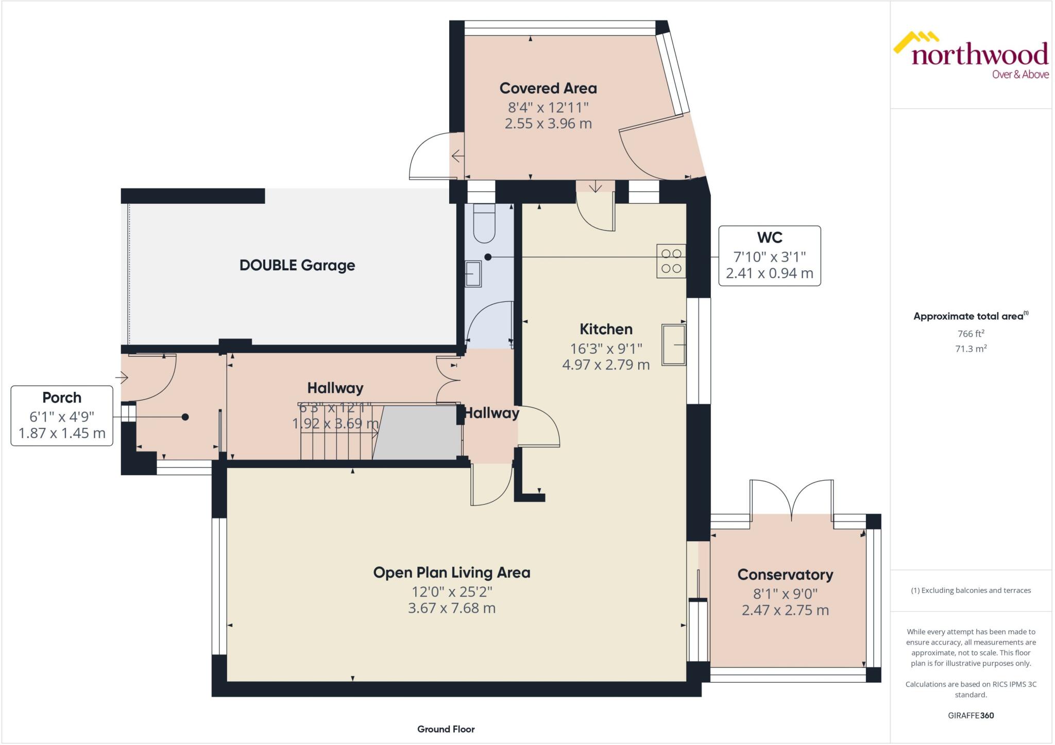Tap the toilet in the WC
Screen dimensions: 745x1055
(x=484, y=223)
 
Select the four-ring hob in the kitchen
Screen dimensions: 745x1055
(x=671, y=261)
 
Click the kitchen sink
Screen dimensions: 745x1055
(x=673, y=344)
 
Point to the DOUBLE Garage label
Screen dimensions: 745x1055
(x=297, y=266)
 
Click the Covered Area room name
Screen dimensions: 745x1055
(x=548, y=89)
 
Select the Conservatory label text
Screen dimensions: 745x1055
(x=785, y=575)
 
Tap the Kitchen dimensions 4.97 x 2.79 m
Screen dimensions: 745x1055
(x=606, y=365)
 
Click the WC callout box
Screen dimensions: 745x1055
(x=769, y=255)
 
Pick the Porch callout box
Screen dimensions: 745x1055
(x=62, y=415)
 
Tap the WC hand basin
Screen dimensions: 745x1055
(x=473, y=273)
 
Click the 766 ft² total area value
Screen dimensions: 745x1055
(x=971, y=334)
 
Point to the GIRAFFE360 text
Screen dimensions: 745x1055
(x=971, y=715)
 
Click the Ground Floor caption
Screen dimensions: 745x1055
(x=446, y=729)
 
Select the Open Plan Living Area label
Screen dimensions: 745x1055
(x=452, y=573)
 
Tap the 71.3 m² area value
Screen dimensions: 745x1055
(x=971, y=349)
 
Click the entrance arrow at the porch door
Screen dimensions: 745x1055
(x=123, y=378)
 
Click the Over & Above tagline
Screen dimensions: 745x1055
(x=1020, y=75)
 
